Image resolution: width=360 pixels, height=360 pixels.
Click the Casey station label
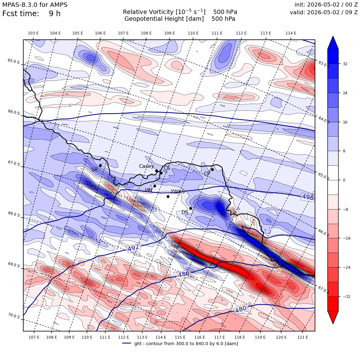pyautogui.click(x=146, y=166)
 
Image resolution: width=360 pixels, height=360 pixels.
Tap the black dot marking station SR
pyautogui.click(x=100, y=165)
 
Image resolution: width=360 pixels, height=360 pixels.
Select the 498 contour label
pyautogui.click(x=308, y=197)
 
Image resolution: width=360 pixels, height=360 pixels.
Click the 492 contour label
pyautogui.click(x=133, y=248)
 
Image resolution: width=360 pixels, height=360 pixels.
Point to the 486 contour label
pyautogui.click(x=184, y=274)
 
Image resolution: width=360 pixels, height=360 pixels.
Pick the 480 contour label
pyautogui.click(x=241, y=309)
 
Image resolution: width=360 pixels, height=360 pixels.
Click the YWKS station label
pyautogui.click(x=178, y=191)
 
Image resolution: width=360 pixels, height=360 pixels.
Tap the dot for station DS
pyautogui.click(x=191, y=209)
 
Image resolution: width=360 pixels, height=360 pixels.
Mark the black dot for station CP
pyautogui.click(x=212, y=170)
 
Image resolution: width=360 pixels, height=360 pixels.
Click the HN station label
pyautogui.click(x=149, y=190)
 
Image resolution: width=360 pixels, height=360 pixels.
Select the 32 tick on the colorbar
pyautogui.click(x=345, y=64)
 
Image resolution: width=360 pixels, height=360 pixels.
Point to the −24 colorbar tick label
pyautogui.click(x=347, y=267)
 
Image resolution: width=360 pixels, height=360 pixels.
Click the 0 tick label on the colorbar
pyautogui.click(x=344, y=180)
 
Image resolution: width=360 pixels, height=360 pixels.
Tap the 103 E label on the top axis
pyautogui.click(x=33, y=33)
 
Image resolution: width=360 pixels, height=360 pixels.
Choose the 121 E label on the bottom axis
pyautogui.click(x=303, y=337)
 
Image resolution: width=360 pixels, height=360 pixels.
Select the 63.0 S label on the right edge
pyautogui.click(x=324, y=64)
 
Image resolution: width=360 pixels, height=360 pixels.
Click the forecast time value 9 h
pyautogui.click(x=55, y=14)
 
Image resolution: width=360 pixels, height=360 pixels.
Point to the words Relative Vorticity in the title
pyautogui.click(x=148, y=12)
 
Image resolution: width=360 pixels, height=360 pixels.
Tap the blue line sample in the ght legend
pyautogui.click(x=127, y=343)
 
